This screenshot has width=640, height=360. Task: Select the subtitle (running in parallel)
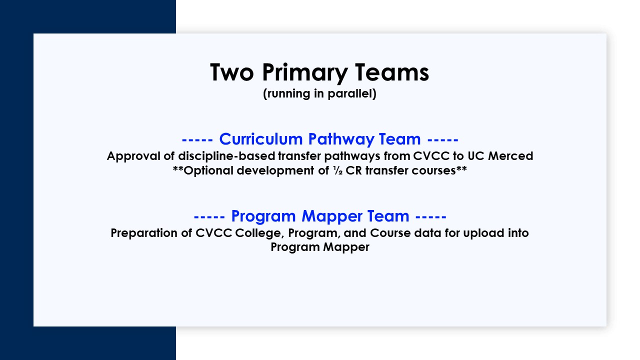[x=319, y=94]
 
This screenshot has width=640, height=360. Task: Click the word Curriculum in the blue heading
[x=261, y=139]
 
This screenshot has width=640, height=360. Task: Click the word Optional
[x=209, y=170]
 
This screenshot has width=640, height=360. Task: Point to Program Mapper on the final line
[x=320, y=247]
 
